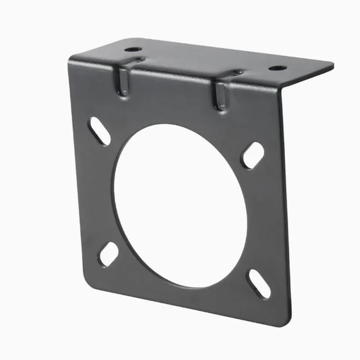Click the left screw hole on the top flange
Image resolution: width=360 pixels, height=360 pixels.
tap(134, 49)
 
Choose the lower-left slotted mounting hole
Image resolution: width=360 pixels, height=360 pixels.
tap(108, 254)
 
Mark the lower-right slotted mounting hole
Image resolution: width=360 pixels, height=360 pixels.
tap(260, 284)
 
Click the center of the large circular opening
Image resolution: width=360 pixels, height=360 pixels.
tap(180, 205)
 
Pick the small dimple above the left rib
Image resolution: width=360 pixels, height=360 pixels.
tap(140, 59)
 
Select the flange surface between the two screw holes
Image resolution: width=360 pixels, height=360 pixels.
tap(205, 57)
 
